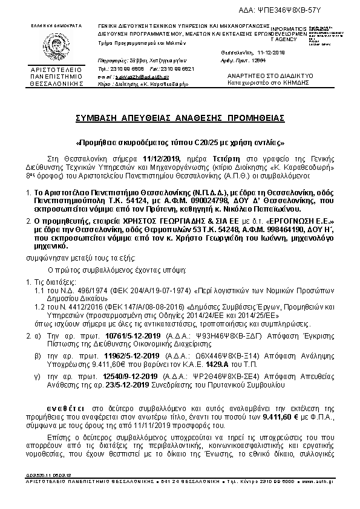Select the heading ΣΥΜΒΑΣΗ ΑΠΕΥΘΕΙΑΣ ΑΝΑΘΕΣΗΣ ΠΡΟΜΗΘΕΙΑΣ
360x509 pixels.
pos(180,117)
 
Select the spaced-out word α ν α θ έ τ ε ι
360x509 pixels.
pos(68,401)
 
